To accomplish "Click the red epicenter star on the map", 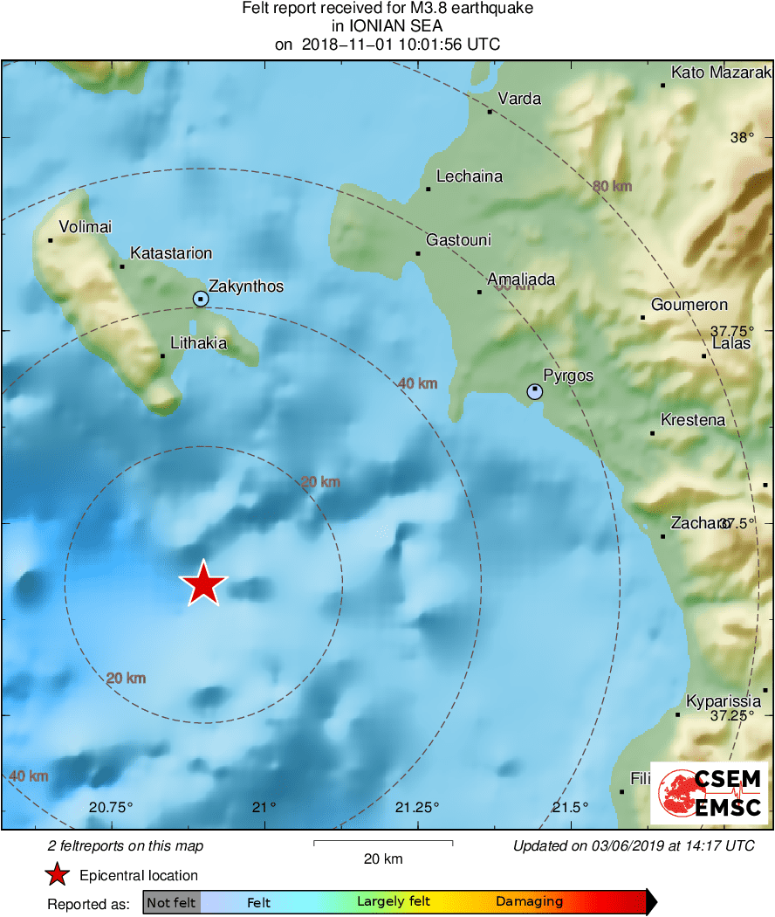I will [x=203, y=583].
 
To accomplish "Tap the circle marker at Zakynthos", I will [x=201, y=300].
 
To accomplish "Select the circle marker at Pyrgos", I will [x=534, y=391].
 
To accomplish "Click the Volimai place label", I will [x=85, y=227].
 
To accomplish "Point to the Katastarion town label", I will [x=171, y=253].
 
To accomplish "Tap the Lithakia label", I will [x=198, y=343].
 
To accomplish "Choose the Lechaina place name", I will [x=470, y=176].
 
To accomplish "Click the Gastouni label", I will [x=458, y=240].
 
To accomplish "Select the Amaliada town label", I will [x=521, y=279].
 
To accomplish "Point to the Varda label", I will [x=519, y=99].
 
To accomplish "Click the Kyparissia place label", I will [x=724, y=701].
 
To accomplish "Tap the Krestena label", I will [x=693, y=420].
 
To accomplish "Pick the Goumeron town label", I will [x=689, y=305].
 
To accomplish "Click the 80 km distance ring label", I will [x=612, y=186].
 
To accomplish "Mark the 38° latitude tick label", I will [x=742, y=137].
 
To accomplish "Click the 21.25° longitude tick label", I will [x=418, y=807].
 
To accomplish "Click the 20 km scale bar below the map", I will [x=382, y=844].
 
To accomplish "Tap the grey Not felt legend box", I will [x=171, y=902].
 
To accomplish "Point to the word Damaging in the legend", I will [x=529, y=902].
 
